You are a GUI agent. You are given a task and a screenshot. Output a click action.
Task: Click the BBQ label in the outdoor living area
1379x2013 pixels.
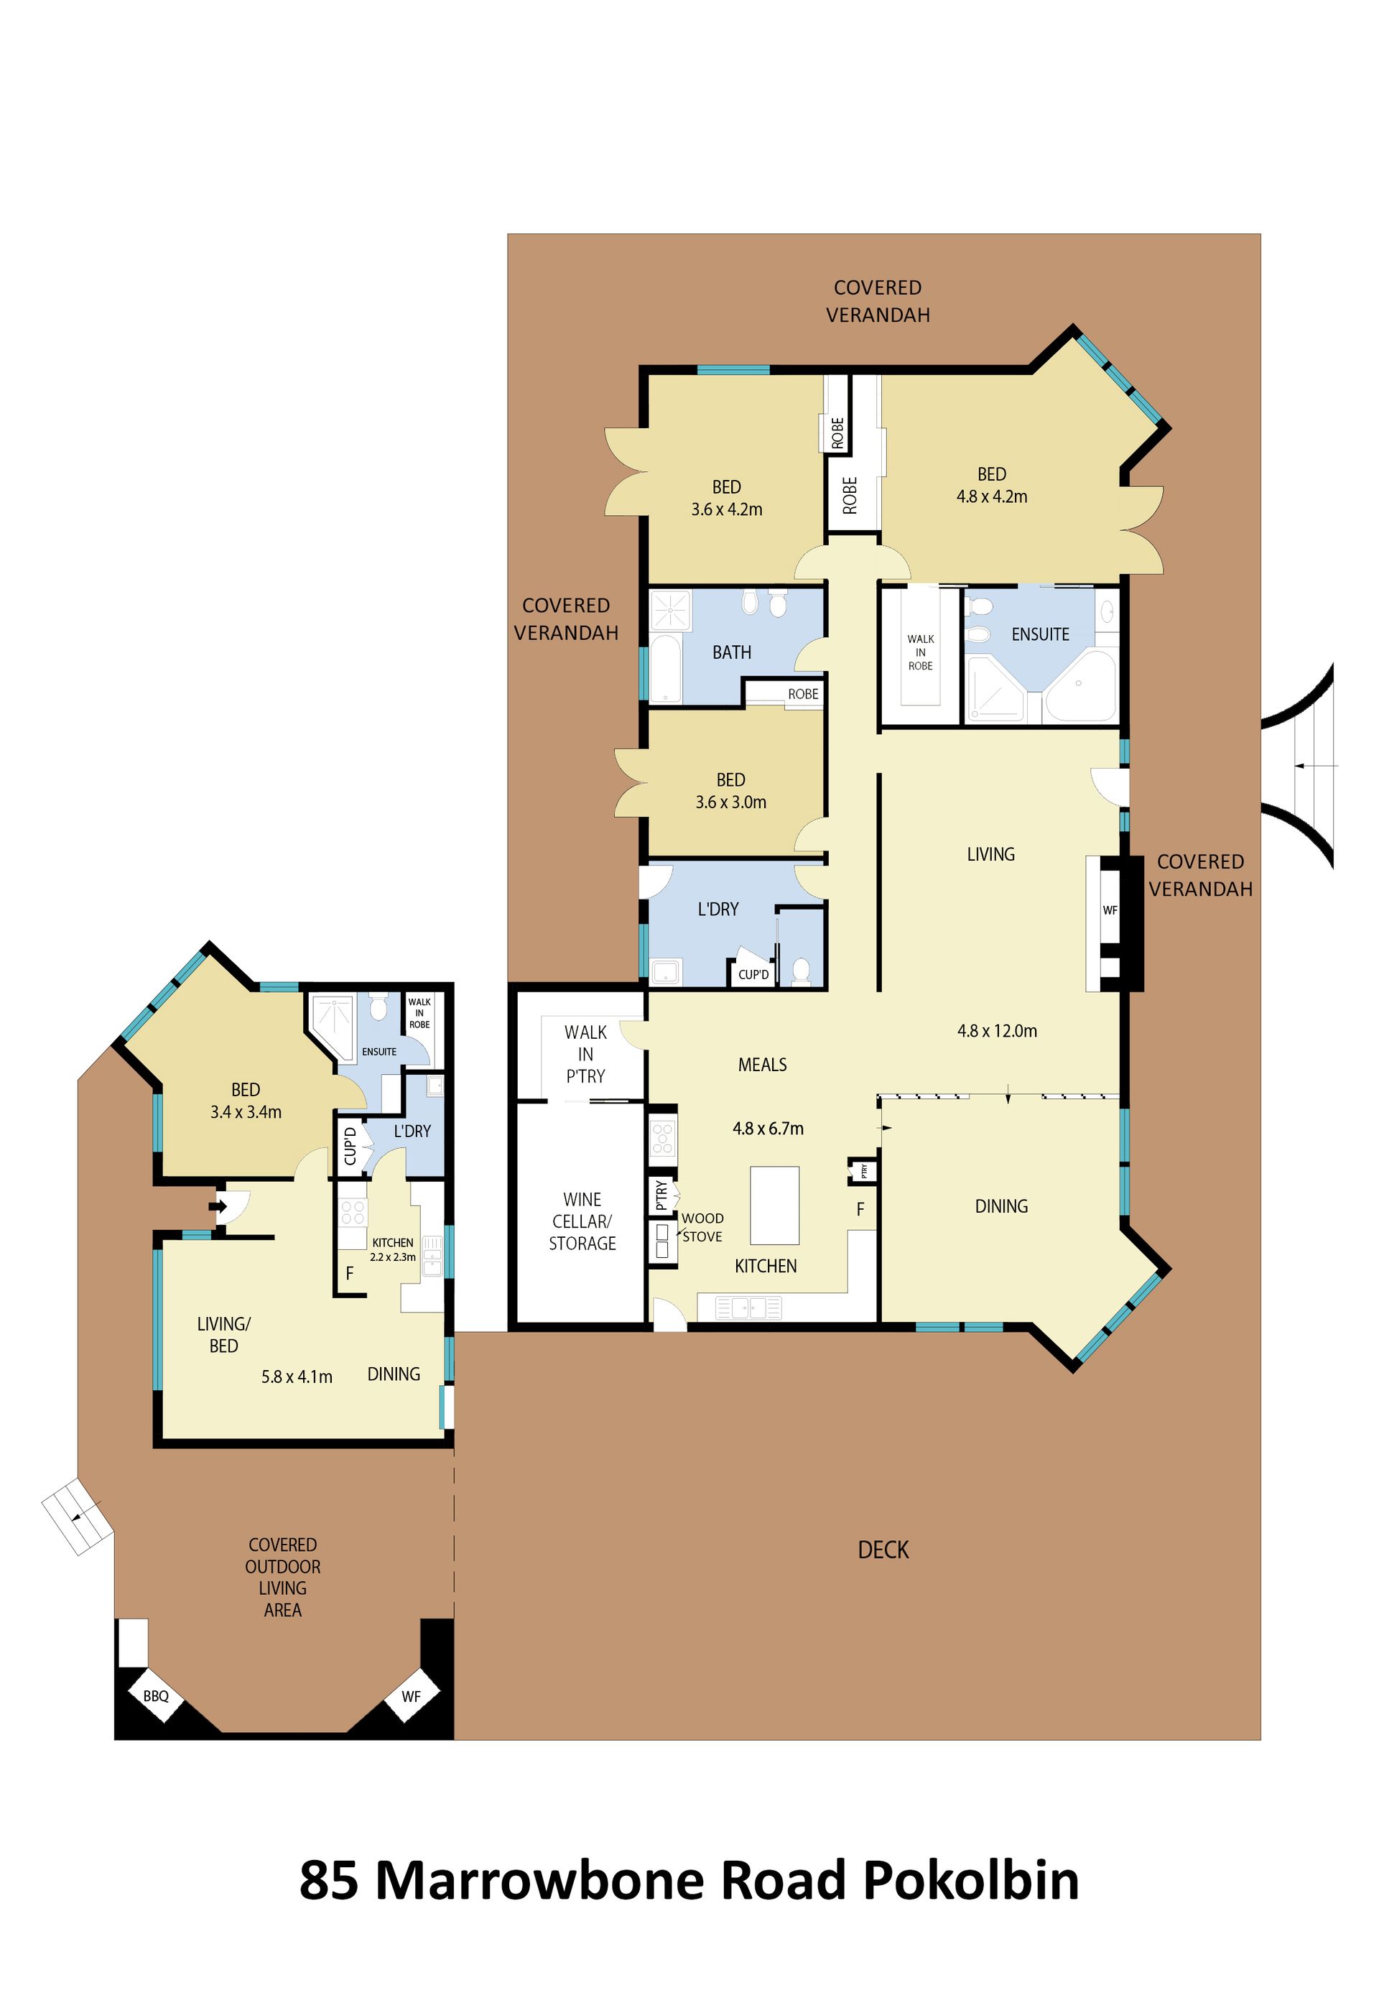(x=156, y=1696)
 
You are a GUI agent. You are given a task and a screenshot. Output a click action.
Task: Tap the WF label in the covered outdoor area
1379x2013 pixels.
(x=411, y=1696)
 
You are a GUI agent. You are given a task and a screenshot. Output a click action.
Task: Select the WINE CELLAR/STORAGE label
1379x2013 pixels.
(x=582, y=1221)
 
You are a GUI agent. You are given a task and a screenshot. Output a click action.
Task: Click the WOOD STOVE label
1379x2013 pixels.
(x=702, y=1227)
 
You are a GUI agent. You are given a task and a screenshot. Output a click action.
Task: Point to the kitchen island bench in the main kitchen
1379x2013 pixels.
(x=774, y=1205)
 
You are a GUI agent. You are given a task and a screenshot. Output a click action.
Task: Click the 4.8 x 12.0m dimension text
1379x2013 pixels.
(x=997, y=1031)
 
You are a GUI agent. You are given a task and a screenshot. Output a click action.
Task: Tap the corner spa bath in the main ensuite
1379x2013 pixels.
(x=1079, y=686)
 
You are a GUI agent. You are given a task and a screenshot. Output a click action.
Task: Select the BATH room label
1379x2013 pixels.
(x=732, y=652)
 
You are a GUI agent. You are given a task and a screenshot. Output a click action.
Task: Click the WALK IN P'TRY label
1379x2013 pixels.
(x=585, y=1054)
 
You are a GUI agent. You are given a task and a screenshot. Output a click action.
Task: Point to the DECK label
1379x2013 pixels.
(x=883, y=1550)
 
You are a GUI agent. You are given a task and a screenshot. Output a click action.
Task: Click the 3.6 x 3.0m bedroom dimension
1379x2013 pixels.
(x=731, y=802)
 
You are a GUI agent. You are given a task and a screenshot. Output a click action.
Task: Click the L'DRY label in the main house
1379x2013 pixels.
(x=718, y=910)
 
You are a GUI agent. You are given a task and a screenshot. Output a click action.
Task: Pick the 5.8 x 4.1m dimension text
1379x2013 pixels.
(x=297, y=1377)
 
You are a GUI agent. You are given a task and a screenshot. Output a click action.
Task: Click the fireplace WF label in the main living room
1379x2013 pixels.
(x=1110, y=910)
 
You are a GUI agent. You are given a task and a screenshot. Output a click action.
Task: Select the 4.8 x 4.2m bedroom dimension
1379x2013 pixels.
(x=992, y=496)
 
